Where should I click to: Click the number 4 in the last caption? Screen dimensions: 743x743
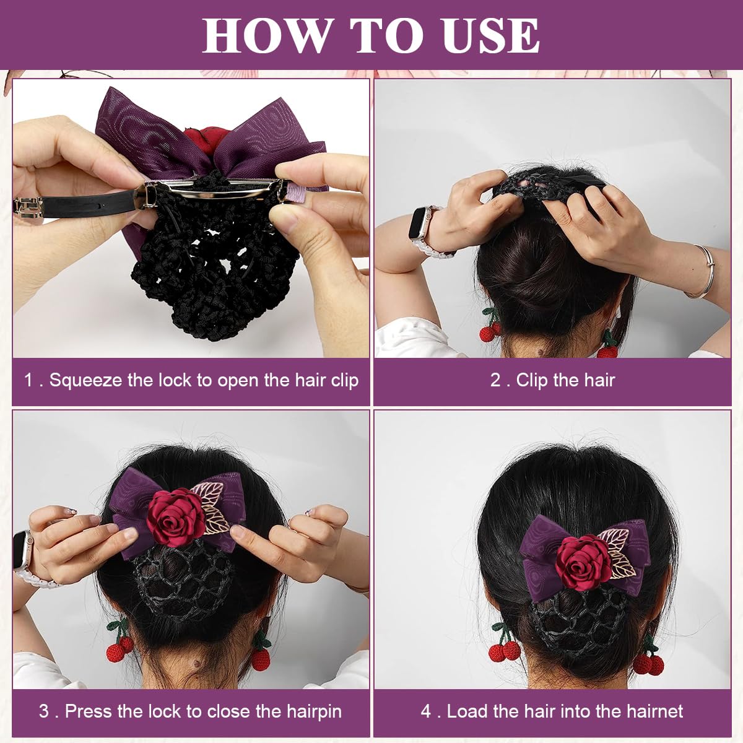pyautogui.click(x=426, y=711)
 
